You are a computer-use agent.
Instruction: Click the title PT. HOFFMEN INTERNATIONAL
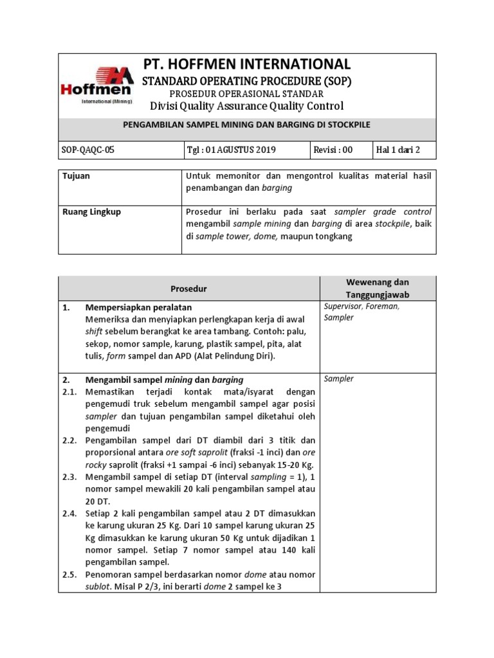[x=246, y=64]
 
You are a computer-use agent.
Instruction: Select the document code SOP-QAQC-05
[x=90, y=150]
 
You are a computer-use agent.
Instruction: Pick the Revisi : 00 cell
[x=333, y=150]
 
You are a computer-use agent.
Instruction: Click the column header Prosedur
[x=189, y=289]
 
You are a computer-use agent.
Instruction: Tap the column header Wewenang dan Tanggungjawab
[x=378, y=289]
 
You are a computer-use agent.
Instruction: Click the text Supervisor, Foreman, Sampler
[x=362, y=312]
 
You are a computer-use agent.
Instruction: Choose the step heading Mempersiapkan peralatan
[x=138, y=308]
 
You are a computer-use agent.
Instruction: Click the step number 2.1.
[x=71, y=391]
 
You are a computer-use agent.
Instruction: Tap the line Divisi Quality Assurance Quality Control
[x=246, y=106]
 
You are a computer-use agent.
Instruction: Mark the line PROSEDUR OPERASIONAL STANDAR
[x=246, y=94]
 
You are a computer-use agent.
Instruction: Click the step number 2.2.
[x=71, y=440]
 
